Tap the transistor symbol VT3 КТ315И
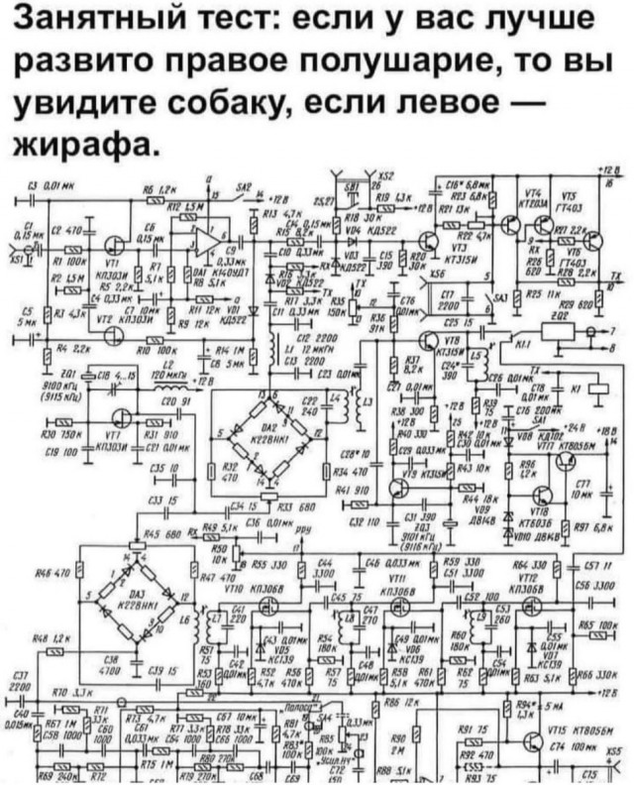click(x=433, y=241)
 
